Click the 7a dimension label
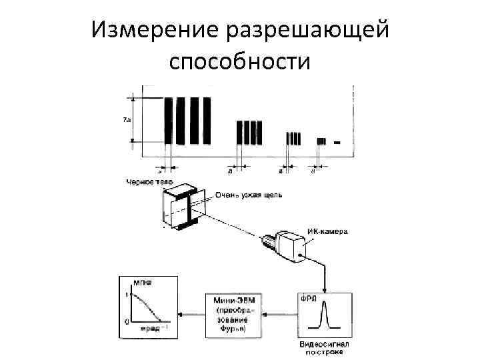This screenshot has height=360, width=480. pyautogui.click(x=127, y=120)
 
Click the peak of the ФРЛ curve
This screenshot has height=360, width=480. pyautogui.click(x=326, y=304)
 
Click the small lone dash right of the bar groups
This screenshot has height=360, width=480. pyautogui.click(x=337, y=142)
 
